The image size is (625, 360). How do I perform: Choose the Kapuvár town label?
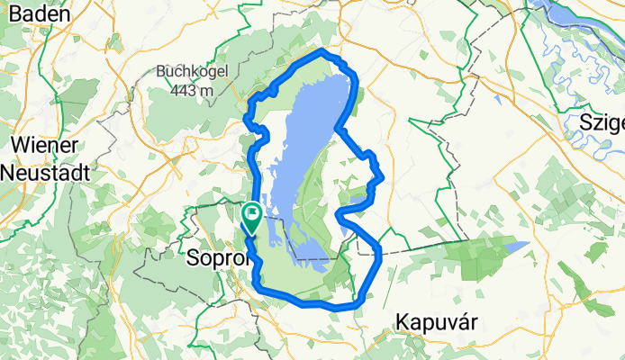coord(439,320)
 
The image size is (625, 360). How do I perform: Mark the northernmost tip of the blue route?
coord(322,50)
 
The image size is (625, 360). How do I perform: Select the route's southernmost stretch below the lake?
coord(333,307)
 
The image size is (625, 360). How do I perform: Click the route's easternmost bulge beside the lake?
coord(381,175)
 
